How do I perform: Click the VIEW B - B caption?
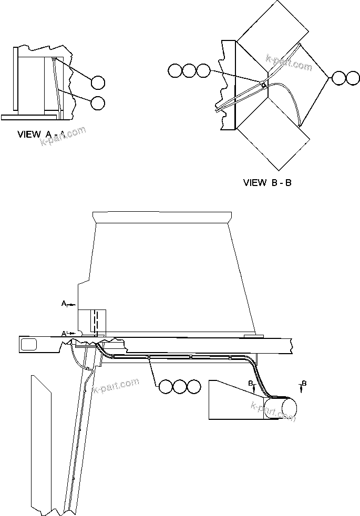click(268, 183)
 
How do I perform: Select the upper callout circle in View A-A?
click(98, 82)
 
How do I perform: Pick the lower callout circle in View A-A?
click(98, 103)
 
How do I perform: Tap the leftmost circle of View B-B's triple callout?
click(175, 70)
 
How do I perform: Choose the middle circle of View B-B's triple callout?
click(189, 70)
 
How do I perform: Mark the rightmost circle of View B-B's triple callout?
click(203, 70)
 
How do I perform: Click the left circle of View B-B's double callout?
click(338, 78)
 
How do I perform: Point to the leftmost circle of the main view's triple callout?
click(166, 387)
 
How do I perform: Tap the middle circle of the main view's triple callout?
click(180, 387)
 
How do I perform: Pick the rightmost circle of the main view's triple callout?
click(194, 387)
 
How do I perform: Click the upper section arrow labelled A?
click(67, 304)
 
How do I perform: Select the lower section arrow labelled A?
click(67, 334)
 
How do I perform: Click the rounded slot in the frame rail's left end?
click(29, 345)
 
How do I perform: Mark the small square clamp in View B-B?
click(262, 83)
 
